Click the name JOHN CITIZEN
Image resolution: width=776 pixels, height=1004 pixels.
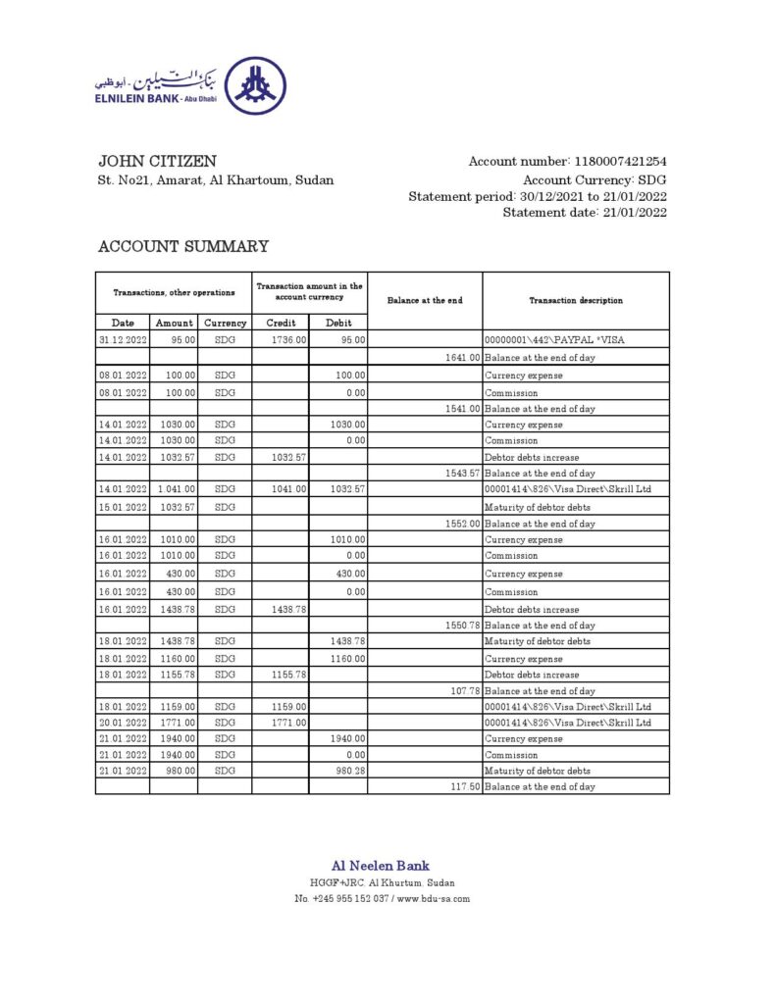[x=157, y=161]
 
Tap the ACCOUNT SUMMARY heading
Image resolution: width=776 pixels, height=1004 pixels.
[x=182, y=247]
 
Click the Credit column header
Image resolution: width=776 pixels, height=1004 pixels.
[x=281, y=322]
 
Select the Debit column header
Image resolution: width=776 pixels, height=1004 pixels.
[x=338, y=322]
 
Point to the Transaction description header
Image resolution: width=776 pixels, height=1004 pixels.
[x=576, y=300]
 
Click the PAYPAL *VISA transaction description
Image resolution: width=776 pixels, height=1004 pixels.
[x=555, y=339]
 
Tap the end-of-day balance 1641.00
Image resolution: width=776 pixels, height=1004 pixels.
[x=462, y=358]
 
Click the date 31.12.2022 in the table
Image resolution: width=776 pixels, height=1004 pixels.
[x=122, y=339]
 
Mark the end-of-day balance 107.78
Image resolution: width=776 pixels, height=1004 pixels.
[x=464, y=690]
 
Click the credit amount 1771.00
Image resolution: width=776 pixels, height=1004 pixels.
[x=290, y=723]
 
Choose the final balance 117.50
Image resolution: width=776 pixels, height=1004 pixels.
[x=464, y=787]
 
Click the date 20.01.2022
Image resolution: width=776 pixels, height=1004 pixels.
[x=122, y=723]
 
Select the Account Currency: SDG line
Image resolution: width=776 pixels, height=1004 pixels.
[x=595, y=180]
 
